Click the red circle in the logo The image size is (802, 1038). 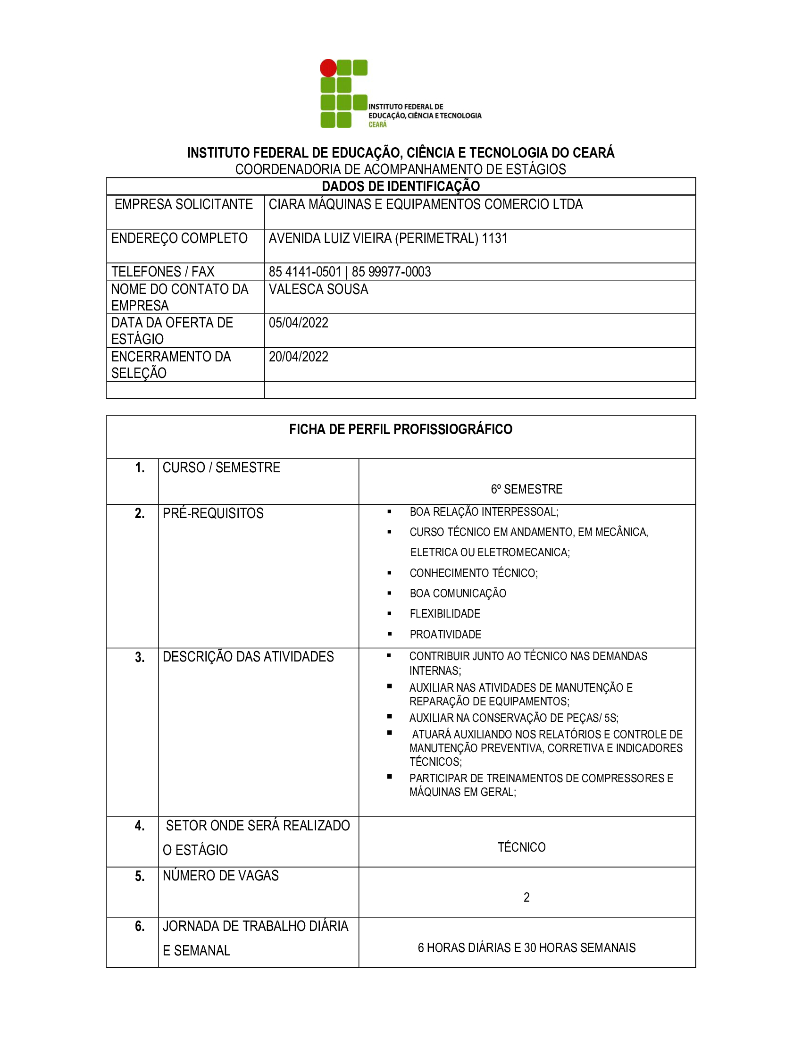point(328,68)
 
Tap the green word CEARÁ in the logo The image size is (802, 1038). point(378,125)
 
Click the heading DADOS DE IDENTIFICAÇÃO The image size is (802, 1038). point(401,186)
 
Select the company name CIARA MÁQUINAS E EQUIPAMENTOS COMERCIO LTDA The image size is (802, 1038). point(425,204)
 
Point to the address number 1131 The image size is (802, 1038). point(494,238)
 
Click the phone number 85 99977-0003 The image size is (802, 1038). point(391,272)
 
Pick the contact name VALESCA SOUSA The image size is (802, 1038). point(318,289)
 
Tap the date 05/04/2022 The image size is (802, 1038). point(298,323)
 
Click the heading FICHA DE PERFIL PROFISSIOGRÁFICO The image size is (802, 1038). point(401,430)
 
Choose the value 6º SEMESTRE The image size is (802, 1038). point(526,489)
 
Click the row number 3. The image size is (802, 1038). point(140,658)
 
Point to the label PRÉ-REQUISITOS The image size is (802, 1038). point(213,514)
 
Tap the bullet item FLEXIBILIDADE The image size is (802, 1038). point(445,614)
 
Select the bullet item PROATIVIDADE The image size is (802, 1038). point(445,635)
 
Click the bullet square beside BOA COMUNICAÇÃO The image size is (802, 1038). point(390,593)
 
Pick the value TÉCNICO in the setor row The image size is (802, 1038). point(521,847)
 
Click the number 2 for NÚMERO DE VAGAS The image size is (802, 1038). point(526,897)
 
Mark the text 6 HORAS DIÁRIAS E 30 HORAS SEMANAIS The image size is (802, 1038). point(526,948)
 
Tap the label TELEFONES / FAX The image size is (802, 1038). point(162,272)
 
